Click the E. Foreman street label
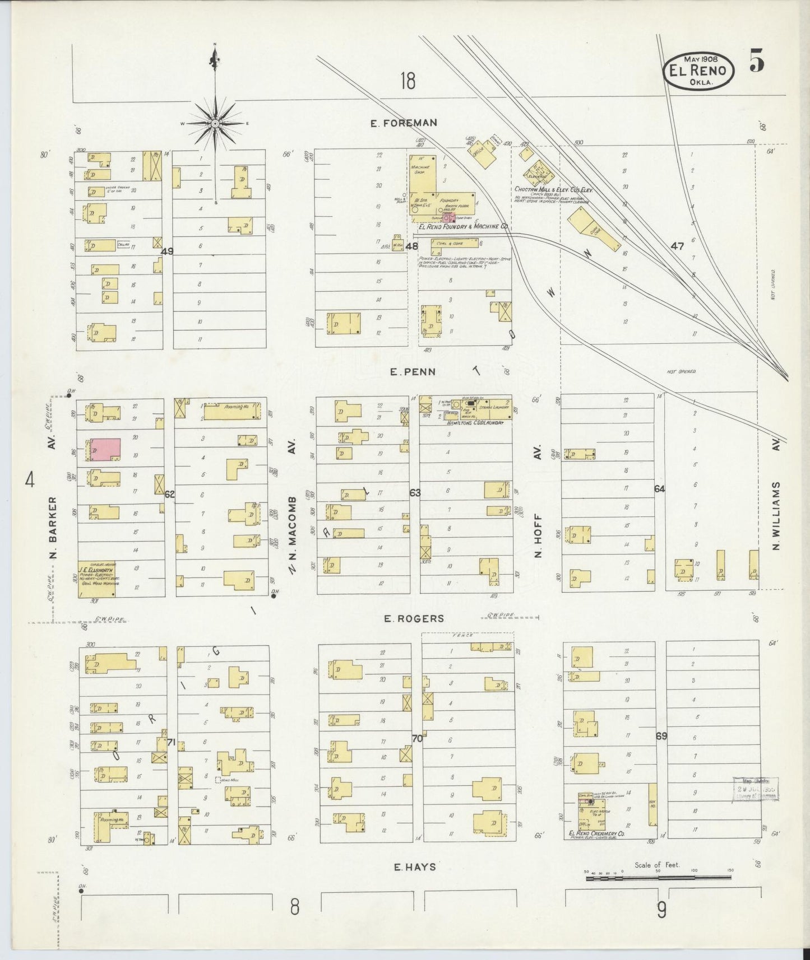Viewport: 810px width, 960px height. point(403,123)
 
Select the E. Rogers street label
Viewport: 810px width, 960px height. point(414,618)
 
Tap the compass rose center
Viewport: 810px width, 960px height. point(216,123)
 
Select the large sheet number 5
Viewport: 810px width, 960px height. point(756,60)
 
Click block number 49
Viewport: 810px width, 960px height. point(166,251)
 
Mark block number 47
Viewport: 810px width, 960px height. point(677,245)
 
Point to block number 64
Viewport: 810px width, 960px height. point(659,489)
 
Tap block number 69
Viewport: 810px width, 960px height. point(661,735)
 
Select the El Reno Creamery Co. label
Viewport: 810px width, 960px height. point(596,834)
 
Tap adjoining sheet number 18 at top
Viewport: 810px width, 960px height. point(408,82)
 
